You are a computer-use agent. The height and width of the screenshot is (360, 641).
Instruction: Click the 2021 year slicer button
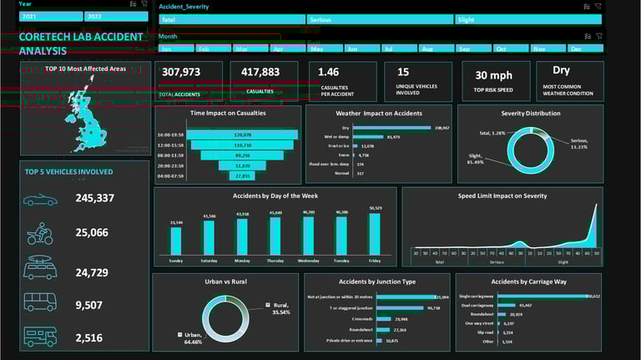(x=50, y=17)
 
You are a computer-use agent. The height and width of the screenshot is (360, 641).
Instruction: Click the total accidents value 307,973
(x=180, y=73)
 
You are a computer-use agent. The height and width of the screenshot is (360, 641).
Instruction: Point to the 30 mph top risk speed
(x=494, y=75)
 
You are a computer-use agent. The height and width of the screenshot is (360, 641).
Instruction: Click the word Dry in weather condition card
(x=560, y=72)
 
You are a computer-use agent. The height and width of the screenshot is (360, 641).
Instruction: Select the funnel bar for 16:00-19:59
(x=243, y=134)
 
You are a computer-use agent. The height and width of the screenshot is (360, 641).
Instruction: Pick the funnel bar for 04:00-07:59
(x=243, y=176)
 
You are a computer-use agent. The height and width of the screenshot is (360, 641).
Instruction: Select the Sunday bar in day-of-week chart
(x=176, y=241)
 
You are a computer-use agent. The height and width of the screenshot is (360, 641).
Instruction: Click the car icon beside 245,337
(x=40, y=200)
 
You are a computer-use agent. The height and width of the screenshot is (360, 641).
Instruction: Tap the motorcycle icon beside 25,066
(x=40, y=233)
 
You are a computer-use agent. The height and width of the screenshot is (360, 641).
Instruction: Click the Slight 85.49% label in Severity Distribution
(x=477, y=160)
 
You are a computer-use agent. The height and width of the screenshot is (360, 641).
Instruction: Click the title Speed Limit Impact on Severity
(x=502, y=195)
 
